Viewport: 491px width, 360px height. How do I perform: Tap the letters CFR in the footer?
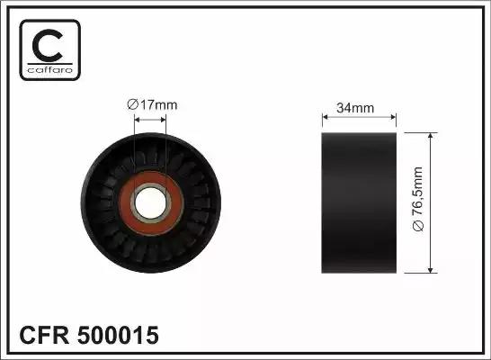pos(42,336)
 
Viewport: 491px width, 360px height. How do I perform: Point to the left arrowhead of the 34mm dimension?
pos(326,118)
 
